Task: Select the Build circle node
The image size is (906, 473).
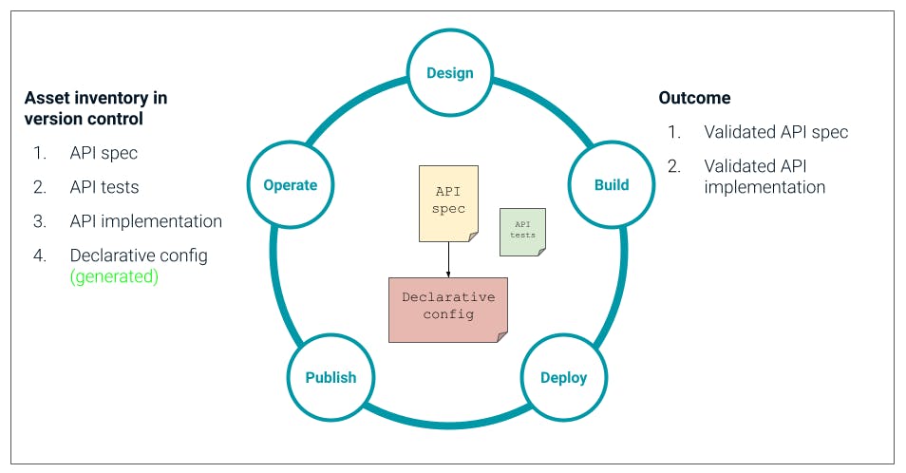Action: coord(612,184)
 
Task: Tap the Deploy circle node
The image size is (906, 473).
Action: coord(563,377)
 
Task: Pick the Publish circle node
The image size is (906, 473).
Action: coord(330,377)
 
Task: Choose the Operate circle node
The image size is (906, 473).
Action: coord(291,184)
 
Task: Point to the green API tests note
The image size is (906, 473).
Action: coord(522,232)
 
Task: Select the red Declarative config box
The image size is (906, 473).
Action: coord(448,309)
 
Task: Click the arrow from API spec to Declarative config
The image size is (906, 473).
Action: coord(448,259)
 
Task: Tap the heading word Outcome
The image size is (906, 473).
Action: coord(694,98)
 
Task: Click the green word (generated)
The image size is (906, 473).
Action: coord(114,277)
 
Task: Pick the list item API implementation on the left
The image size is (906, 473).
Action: coord(145,221)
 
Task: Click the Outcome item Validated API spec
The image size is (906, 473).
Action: coord(776,132)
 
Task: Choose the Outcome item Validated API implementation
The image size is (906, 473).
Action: coord(764,176)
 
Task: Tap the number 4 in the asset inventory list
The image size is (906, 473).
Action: coord(39,255)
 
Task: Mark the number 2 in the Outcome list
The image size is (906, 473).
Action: coord(673,165)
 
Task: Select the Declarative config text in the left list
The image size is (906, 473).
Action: coord(139,255)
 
